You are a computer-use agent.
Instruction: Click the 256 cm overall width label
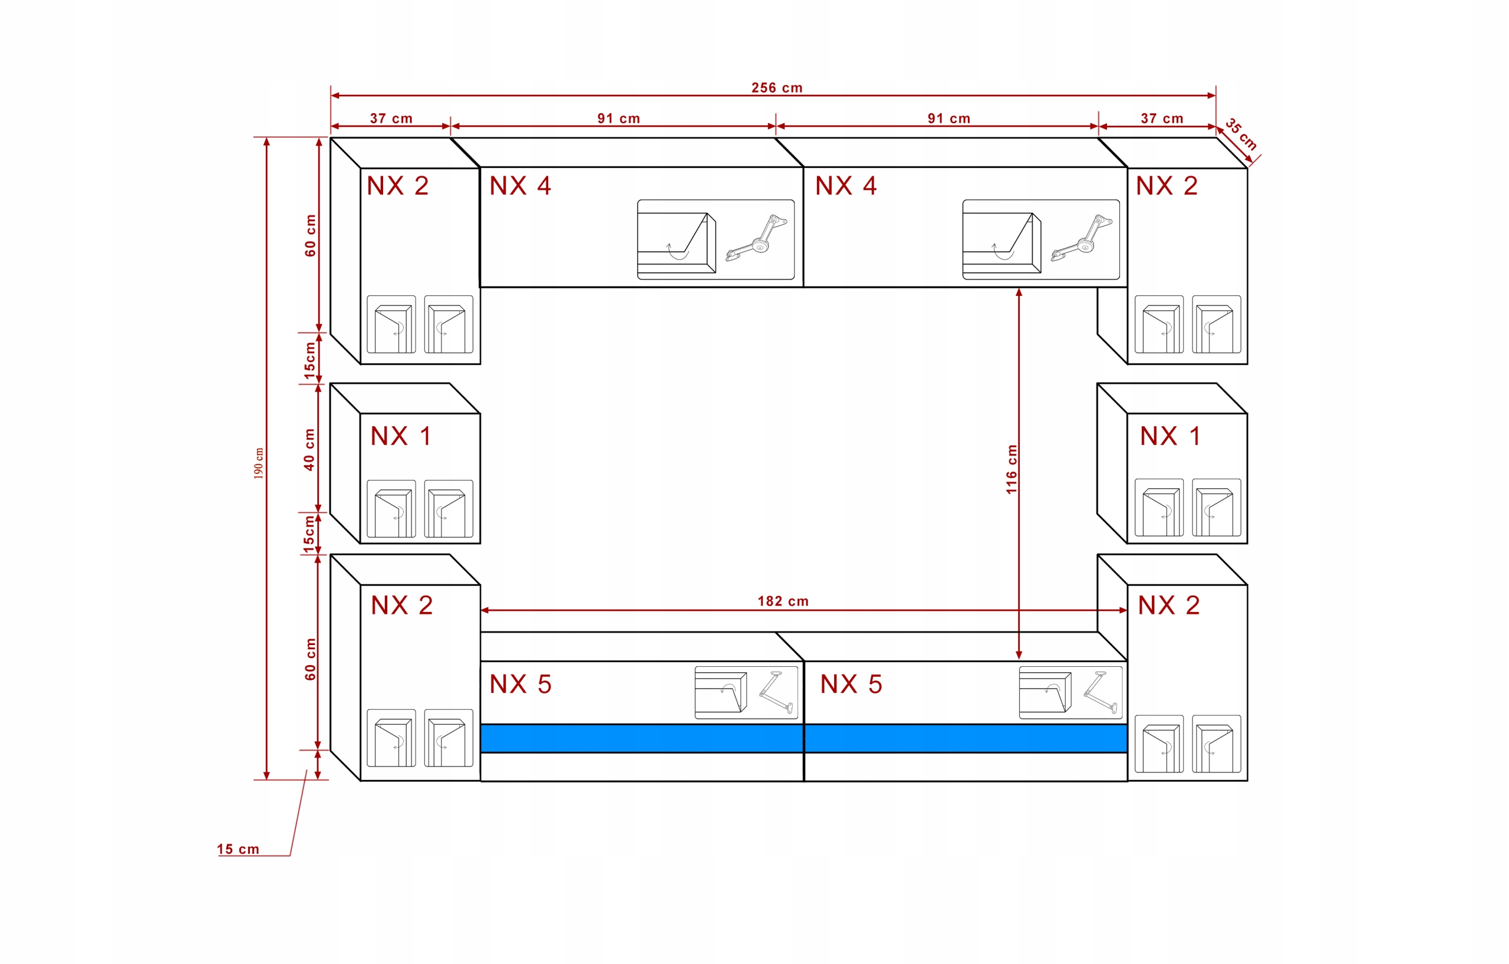(776, 88)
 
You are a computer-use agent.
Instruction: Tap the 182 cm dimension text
(783, 601)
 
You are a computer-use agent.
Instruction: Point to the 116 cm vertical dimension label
(1011, 469)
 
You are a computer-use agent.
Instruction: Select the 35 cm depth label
(1241, 133)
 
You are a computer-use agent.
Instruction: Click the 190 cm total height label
(258, 463)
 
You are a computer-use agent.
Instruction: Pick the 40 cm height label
(309, 449)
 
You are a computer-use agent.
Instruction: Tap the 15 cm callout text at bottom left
(238, 848)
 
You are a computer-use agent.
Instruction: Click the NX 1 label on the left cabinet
(401, 436)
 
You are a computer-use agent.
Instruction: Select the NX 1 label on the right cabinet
(1170, 436)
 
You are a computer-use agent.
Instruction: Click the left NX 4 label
(520, 186)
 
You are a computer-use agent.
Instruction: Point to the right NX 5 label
(851, 684)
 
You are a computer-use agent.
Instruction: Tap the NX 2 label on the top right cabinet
(1167, 186)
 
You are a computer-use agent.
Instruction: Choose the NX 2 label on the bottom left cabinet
(401, 605)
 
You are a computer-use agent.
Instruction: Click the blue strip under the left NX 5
(642, 738)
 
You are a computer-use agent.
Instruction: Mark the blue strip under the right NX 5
(966, 738)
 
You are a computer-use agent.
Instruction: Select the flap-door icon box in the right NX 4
(1041, 239)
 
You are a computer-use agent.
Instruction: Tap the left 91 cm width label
(618, 119)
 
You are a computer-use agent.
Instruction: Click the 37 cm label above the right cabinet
(1162, 119)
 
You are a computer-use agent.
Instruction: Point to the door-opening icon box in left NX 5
(746, 693)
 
